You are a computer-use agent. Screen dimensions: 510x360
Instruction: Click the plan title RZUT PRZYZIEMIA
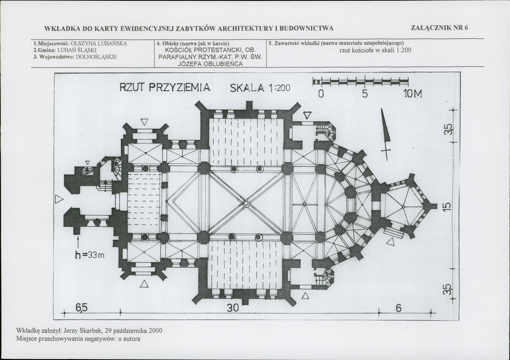[x=165, y=88]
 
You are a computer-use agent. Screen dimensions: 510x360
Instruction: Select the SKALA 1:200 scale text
[x=260, y=88]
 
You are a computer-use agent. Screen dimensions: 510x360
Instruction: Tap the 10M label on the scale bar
[x=413, y=94]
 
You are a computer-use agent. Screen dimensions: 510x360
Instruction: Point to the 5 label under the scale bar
[x=365, y=94]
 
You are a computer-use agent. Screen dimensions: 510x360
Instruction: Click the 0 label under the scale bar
[x=321, y=94]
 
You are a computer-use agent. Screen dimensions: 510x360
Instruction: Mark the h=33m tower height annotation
[x=90, y=255]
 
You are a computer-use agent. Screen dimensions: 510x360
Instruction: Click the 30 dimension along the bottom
[x=233, y=308]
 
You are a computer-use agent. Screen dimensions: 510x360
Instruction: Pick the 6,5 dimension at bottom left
[x=82, y=307]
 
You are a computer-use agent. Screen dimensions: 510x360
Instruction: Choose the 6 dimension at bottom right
[x=399, y=308]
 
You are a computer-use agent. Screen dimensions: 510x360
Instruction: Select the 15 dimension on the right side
[x=447, y=206]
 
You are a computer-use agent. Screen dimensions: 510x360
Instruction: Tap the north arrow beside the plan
[x=385, y=134]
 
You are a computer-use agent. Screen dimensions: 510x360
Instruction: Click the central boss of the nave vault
[x=246, y=203]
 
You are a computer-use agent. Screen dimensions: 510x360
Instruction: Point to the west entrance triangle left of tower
[x=59, y=199]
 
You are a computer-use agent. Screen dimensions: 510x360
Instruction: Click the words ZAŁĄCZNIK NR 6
[x=439, y=28]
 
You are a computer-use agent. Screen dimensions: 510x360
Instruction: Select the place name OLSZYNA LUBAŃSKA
[x=99, y=43]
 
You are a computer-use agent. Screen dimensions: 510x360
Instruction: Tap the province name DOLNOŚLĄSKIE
[x=96, y=57]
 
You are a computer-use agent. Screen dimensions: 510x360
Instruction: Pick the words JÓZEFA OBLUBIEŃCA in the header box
[x=211, y=64]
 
